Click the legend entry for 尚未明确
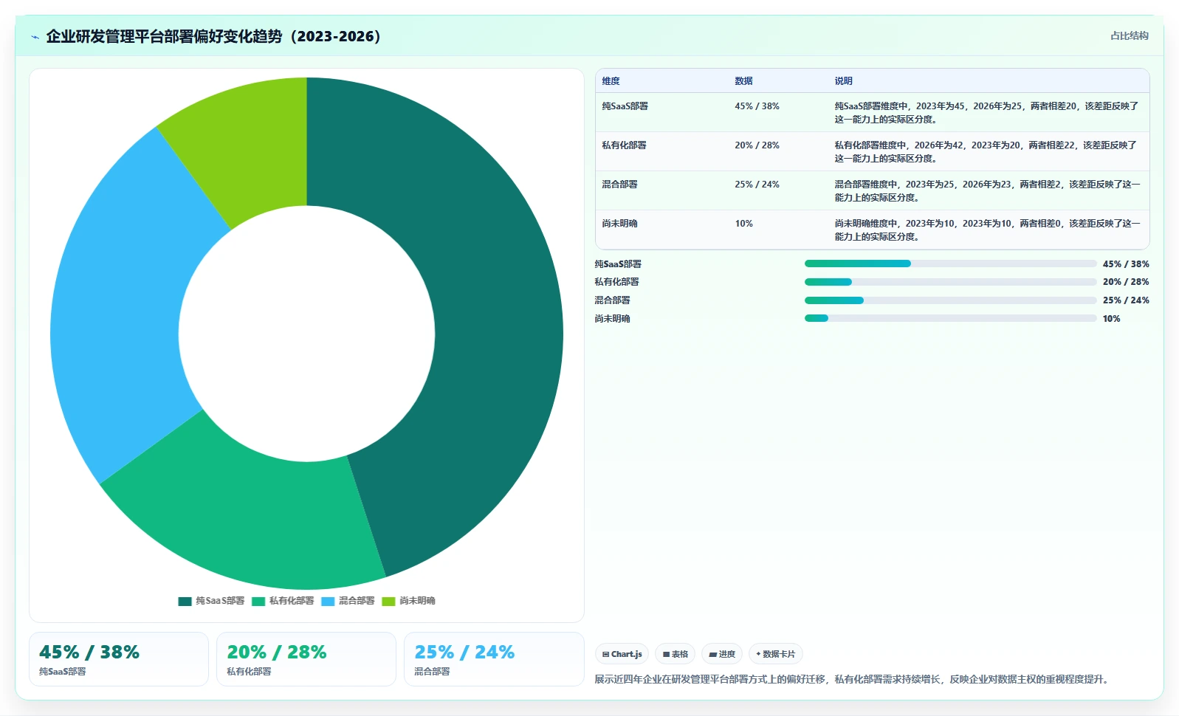point(408,601)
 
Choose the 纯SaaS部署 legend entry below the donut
point(211,601)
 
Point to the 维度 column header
point(611,81)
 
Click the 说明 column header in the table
point(843,81)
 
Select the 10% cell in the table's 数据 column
point(743,224)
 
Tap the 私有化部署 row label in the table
point(624,145)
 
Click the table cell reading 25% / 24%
point(757,185)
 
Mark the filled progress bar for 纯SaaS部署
point(857,264)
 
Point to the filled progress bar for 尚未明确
point(817,318)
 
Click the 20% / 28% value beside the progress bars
point(1126,282)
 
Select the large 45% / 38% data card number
point(89,653)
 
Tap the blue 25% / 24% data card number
point(464,653)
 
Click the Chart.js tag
point(622,654)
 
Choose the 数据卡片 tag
point(775,654)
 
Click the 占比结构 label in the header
point(1129,35)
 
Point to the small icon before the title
point(35,37)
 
